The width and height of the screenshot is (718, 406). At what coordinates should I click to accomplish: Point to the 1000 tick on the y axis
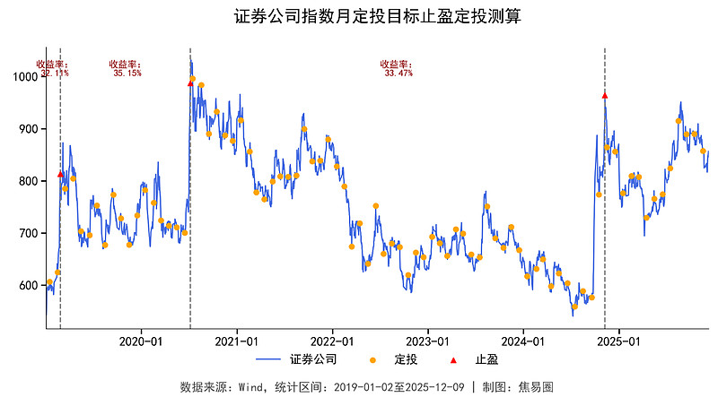pos(27,77)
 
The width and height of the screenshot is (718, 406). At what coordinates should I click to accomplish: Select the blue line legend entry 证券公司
pos(296,360)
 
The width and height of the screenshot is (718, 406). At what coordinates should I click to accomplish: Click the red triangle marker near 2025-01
pos(605,95)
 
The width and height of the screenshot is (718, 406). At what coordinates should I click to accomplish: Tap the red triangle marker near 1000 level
pos(190,82)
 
